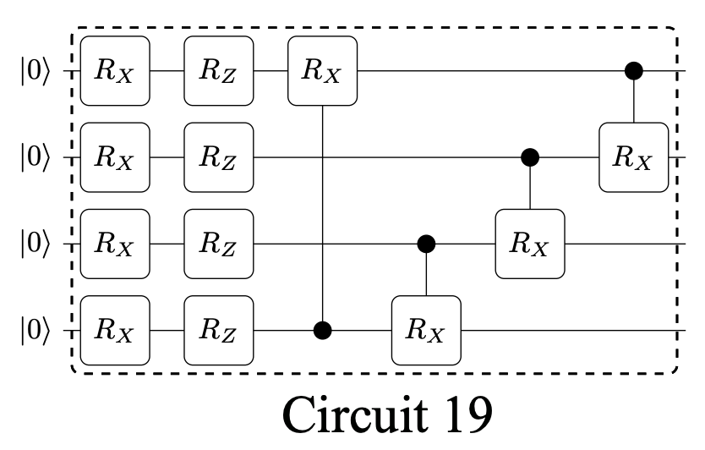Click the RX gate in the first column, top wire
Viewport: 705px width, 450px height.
(x=115, y=71)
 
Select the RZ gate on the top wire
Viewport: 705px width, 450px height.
(x=219, y=71)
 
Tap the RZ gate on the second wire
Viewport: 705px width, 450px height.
(x=219, y=157)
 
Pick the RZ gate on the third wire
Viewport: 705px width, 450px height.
(x=219, y=244)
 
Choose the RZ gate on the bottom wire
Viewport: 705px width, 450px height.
(x=219, y=330)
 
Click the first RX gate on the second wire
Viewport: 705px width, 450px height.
(x=115, y=157)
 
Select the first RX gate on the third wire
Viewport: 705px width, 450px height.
(x=115, y=244)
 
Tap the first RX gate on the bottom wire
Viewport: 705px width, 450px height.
(x=115, y=330)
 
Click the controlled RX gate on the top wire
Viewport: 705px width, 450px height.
(x=323, y=71)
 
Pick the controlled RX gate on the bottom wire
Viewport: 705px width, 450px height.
(x=426, y=330)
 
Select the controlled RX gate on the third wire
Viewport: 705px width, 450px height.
(x=530, y=244)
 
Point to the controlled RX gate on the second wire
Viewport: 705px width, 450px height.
(x=634, y=157)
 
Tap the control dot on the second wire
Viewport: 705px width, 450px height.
(x=530, y=157)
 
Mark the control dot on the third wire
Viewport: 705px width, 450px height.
(x=426, y=244)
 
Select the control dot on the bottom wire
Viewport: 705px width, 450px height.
(x=323, y=330)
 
